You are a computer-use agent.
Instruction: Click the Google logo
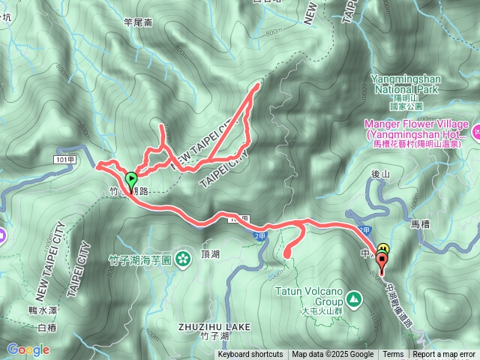pyautogui.click(x=28, y=349)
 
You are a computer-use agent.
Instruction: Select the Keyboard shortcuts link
pyautogui.click(x=250, y=355)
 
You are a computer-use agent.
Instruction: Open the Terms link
pyautogui.click(x=393, y=355)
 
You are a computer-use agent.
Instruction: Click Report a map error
pyautogui.click(x=444, y=355)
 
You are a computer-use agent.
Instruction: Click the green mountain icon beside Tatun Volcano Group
pyautogui.click(x=355, y=300)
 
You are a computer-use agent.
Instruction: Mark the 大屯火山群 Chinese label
pyautogui.click(x=321, y=310)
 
